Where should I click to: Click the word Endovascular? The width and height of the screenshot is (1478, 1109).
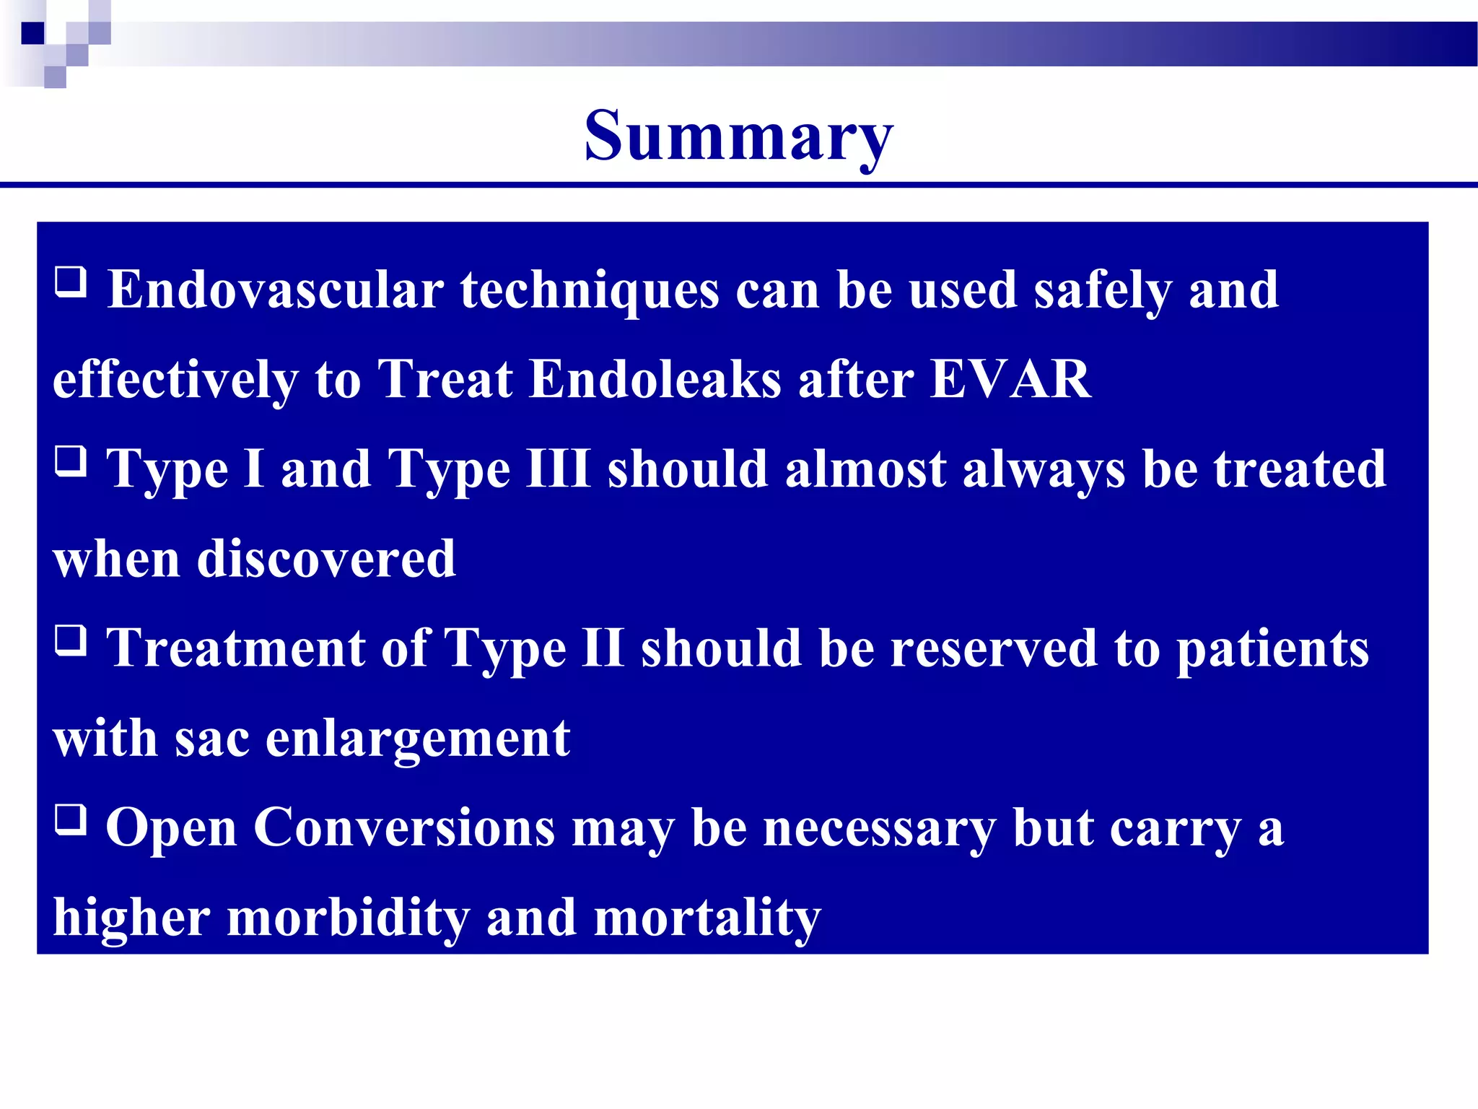275,290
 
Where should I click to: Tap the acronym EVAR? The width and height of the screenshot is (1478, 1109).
1010,379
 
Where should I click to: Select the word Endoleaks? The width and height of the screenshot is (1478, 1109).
655,379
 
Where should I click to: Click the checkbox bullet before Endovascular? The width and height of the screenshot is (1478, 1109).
71,282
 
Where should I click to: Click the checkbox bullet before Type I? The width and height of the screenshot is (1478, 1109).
71,461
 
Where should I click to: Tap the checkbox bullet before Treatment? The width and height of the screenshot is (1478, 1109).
71,640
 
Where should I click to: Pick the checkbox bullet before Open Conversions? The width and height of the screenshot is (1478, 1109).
71,819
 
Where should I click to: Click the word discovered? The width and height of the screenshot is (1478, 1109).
326,559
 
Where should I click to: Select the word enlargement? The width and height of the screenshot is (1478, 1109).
418,739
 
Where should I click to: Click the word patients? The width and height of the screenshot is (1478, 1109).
1272,648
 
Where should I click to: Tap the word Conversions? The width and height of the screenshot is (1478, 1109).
404,827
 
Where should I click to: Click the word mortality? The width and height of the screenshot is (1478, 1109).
707,918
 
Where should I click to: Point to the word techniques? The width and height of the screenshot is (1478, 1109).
590,290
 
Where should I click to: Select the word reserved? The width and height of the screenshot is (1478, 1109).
993,648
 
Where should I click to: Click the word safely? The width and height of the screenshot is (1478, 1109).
1102,290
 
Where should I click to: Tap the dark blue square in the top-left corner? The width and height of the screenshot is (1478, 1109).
33,33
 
